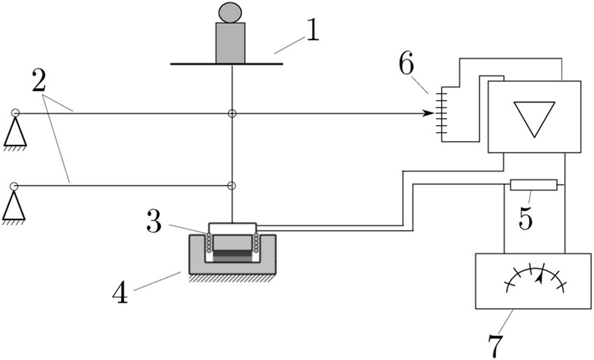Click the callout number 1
(313, 30)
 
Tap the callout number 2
(39, 80)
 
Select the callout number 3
(154, 222)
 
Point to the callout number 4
(120, 292)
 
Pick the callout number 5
(526, 218)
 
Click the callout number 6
(407, 64)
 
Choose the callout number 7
(495, 345)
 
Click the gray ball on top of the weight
(230, 12)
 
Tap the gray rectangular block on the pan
(231, 43)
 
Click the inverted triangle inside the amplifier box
(534, 117)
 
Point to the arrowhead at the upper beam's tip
(428, 113)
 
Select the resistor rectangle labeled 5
(534, 185)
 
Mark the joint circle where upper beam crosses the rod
(232, 113)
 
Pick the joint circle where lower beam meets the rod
(231, 186)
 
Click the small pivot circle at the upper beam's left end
(15, 113)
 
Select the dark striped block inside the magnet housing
(232, 256)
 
